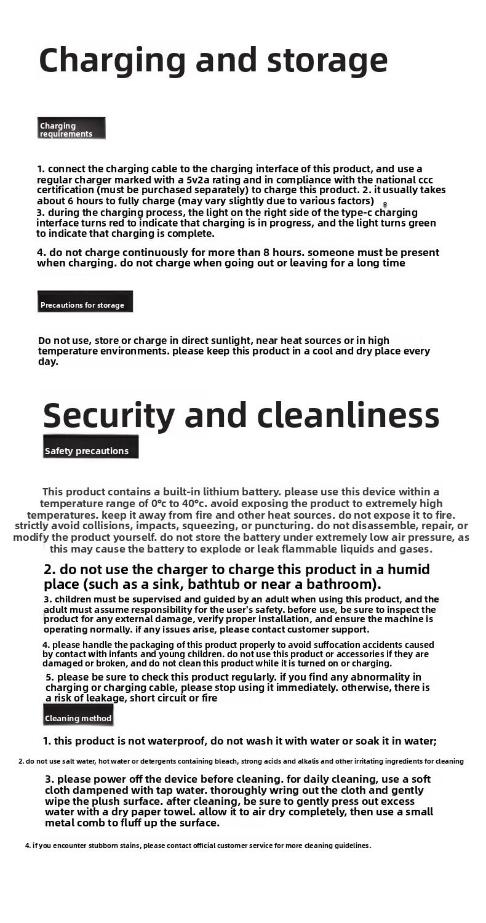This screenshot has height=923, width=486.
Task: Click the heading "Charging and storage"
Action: pyautogui.click(x=213, y=60)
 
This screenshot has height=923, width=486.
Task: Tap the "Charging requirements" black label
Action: pyautogui.click(x=71, y=129)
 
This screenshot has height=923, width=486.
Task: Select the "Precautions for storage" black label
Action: pyautogui.click(x=85, y=304)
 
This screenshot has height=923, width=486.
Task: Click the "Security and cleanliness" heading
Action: pyautogui.click(x=241, y=415)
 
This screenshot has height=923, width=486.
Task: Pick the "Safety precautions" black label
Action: pyautogui.click(x=90, y=450)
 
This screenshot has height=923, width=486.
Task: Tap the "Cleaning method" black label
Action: pyautogui.click(x=78, y=717)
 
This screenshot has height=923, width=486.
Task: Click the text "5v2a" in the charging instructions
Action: pyautogui.click(x=199, y=180)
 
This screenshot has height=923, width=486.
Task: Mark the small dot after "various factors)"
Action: pyautogui.click(x=385, y=204)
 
